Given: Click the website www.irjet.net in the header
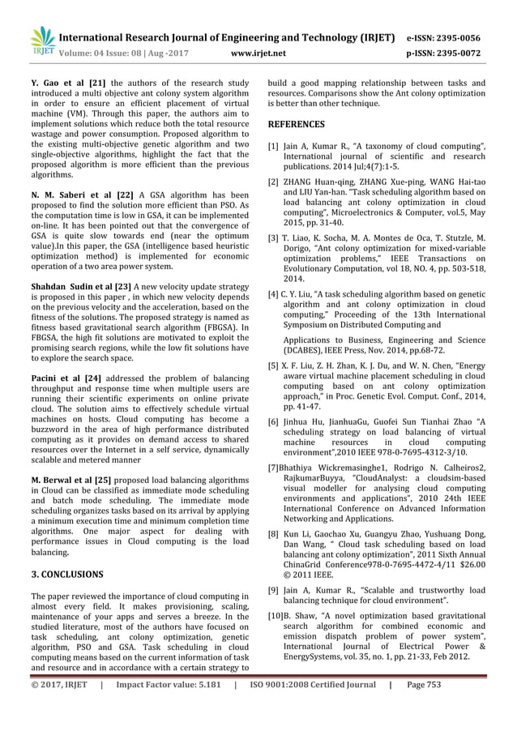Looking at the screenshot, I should coord(258,52).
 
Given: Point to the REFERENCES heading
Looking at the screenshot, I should coord(296,124).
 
